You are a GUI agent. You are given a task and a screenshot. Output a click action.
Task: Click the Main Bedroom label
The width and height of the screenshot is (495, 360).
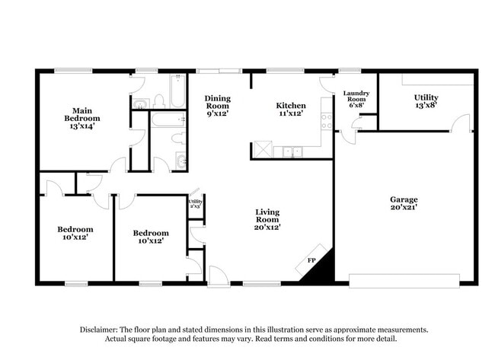82,119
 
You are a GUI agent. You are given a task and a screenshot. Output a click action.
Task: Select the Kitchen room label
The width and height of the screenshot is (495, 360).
291,110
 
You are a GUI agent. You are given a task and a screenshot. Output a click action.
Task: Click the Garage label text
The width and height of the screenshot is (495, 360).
404,204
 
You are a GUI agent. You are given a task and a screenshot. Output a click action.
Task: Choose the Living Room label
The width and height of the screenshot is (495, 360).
267,221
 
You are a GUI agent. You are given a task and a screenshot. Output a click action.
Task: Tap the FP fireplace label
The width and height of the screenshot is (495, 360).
311,261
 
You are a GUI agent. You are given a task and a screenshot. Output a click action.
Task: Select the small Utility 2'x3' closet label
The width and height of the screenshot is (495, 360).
195,203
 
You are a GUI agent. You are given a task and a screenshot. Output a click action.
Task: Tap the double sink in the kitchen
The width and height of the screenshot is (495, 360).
292,151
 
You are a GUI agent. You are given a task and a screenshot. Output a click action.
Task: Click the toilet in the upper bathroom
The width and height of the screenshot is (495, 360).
159,101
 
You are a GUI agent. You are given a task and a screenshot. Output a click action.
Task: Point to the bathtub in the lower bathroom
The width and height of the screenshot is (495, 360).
168,119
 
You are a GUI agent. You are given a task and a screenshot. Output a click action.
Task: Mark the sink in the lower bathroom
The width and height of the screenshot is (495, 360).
180,161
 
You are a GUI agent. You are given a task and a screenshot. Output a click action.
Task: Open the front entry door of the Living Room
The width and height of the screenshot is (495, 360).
218,276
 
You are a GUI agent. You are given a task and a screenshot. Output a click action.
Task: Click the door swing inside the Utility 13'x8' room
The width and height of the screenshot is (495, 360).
461,123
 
